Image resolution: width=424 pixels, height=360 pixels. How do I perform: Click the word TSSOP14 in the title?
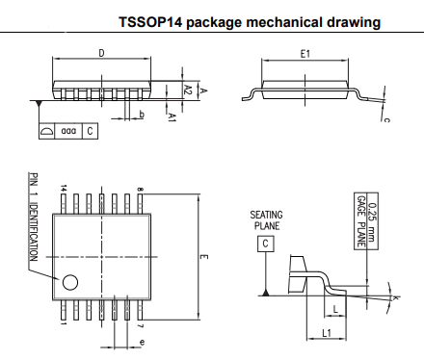coord(151,21)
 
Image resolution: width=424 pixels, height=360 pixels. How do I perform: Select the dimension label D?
coord(101,54)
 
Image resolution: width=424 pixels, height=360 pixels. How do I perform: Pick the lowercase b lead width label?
coord(142,115)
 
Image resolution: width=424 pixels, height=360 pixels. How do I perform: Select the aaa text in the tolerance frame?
coord(67,130)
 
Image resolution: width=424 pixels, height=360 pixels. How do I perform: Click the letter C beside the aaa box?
coord(90,130)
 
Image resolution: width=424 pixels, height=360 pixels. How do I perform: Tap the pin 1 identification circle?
coord(69,283)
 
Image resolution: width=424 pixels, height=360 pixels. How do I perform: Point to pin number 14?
coord(64,188)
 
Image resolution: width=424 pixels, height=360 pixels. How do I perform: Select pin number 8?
coord(141,190)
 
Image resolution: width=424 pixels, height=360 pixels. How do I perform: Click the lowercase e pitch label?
coord(142,342)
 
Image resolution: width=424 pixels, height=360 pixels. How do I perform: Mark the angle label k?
coord(396,299)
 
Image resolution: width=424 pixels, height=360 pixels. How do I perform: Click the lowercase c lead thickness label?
coord(386,119)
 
